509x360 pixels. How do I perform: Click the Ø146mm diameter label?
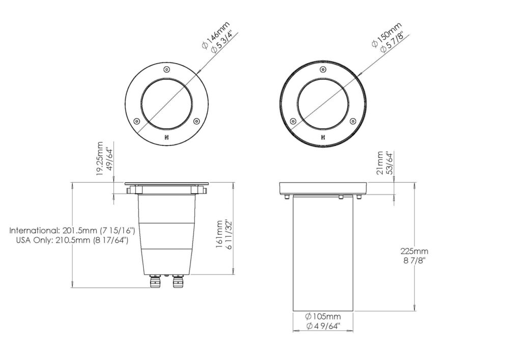[x=215, y=35]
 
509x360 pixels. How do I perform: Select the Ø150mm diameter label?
[x=387, y=35]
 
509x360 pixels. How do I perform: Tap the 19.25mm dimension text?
[x=100, y=159]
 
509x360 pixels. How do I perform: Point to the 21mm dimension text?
[x=380, y=162]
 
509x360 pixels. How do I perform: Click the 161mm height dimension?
[x=220, y=234]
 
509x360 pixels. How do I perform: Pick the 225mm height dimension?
[x=414, y=251]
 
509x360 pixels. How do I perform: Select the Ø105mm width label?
[x=323, y=316]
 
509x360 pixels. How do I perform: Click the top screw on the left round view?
[x=166, y=69]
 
